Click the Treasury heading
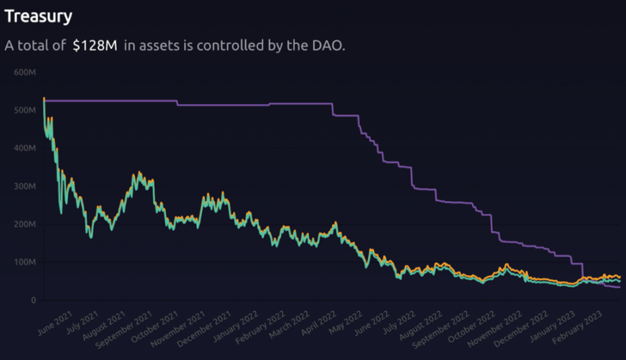(x=39, y=16)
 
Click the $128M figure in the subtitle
(x=94, y=46)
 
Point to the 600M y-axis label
(x=24, y=72)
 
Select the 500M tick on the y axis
(x=24, y=110)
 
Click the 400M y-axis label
(x=24, y=148)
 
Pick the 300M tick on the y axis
(x=24, y=186)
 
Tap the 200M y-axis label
(x=24, y=224)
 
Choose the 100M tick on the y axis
(x=24, y=262)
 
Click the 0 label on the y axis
(x=33, y=300)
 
